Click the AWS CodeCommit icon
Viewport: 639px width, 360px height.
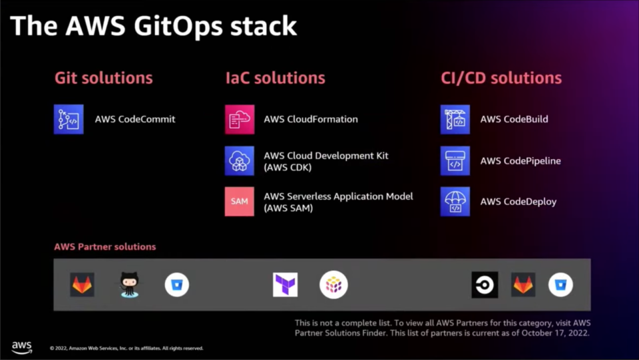69,119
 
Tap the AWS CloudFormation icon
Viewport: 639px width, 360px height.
240,119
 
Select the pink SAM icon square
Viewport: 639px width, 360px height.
240,201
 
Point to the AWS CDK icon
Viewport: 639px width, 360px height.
240,161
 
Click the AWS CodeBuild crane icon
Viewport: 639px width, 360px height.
455,119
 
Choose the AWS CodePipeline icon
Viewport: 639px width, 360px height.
455,161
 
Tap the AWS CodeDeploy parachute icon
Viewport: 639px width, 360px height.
455,201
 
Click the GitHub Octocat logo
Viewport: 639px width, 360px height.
129,285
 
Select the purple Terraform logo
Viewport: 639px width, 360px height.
286,285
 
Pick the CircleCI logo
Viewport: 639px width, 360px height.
485,285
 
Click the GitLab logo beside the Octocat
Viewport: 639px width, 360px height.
82,285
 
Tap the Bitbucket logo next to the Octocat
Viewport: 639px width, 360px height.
177,285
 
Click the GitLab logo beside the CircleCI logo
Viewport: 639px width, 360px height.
523,285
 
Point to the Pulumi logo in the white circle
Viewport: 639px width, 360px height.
333,285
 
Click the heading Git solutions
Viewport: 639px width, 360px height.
104,78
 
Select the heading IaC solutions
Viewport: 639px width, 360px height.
276,78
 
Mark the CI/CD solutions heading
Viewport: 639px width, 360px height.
501,78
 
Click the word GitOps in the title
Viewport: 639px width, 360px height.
178,27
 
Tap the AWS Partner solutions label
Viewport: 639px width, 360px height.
105,247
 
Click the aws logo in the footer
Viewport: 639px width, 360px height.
21,347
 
